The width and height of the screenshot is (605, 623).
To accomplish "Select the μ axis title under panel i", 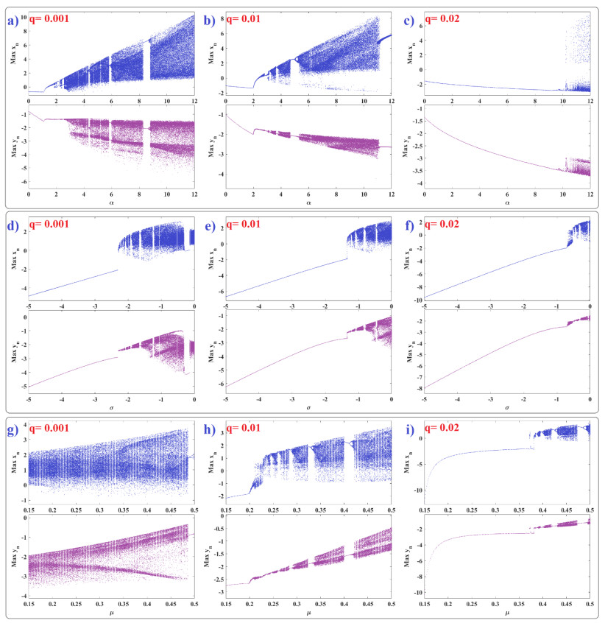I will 508,613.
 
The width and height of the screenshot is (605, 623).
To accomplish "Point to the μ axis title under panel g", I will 110,613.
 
